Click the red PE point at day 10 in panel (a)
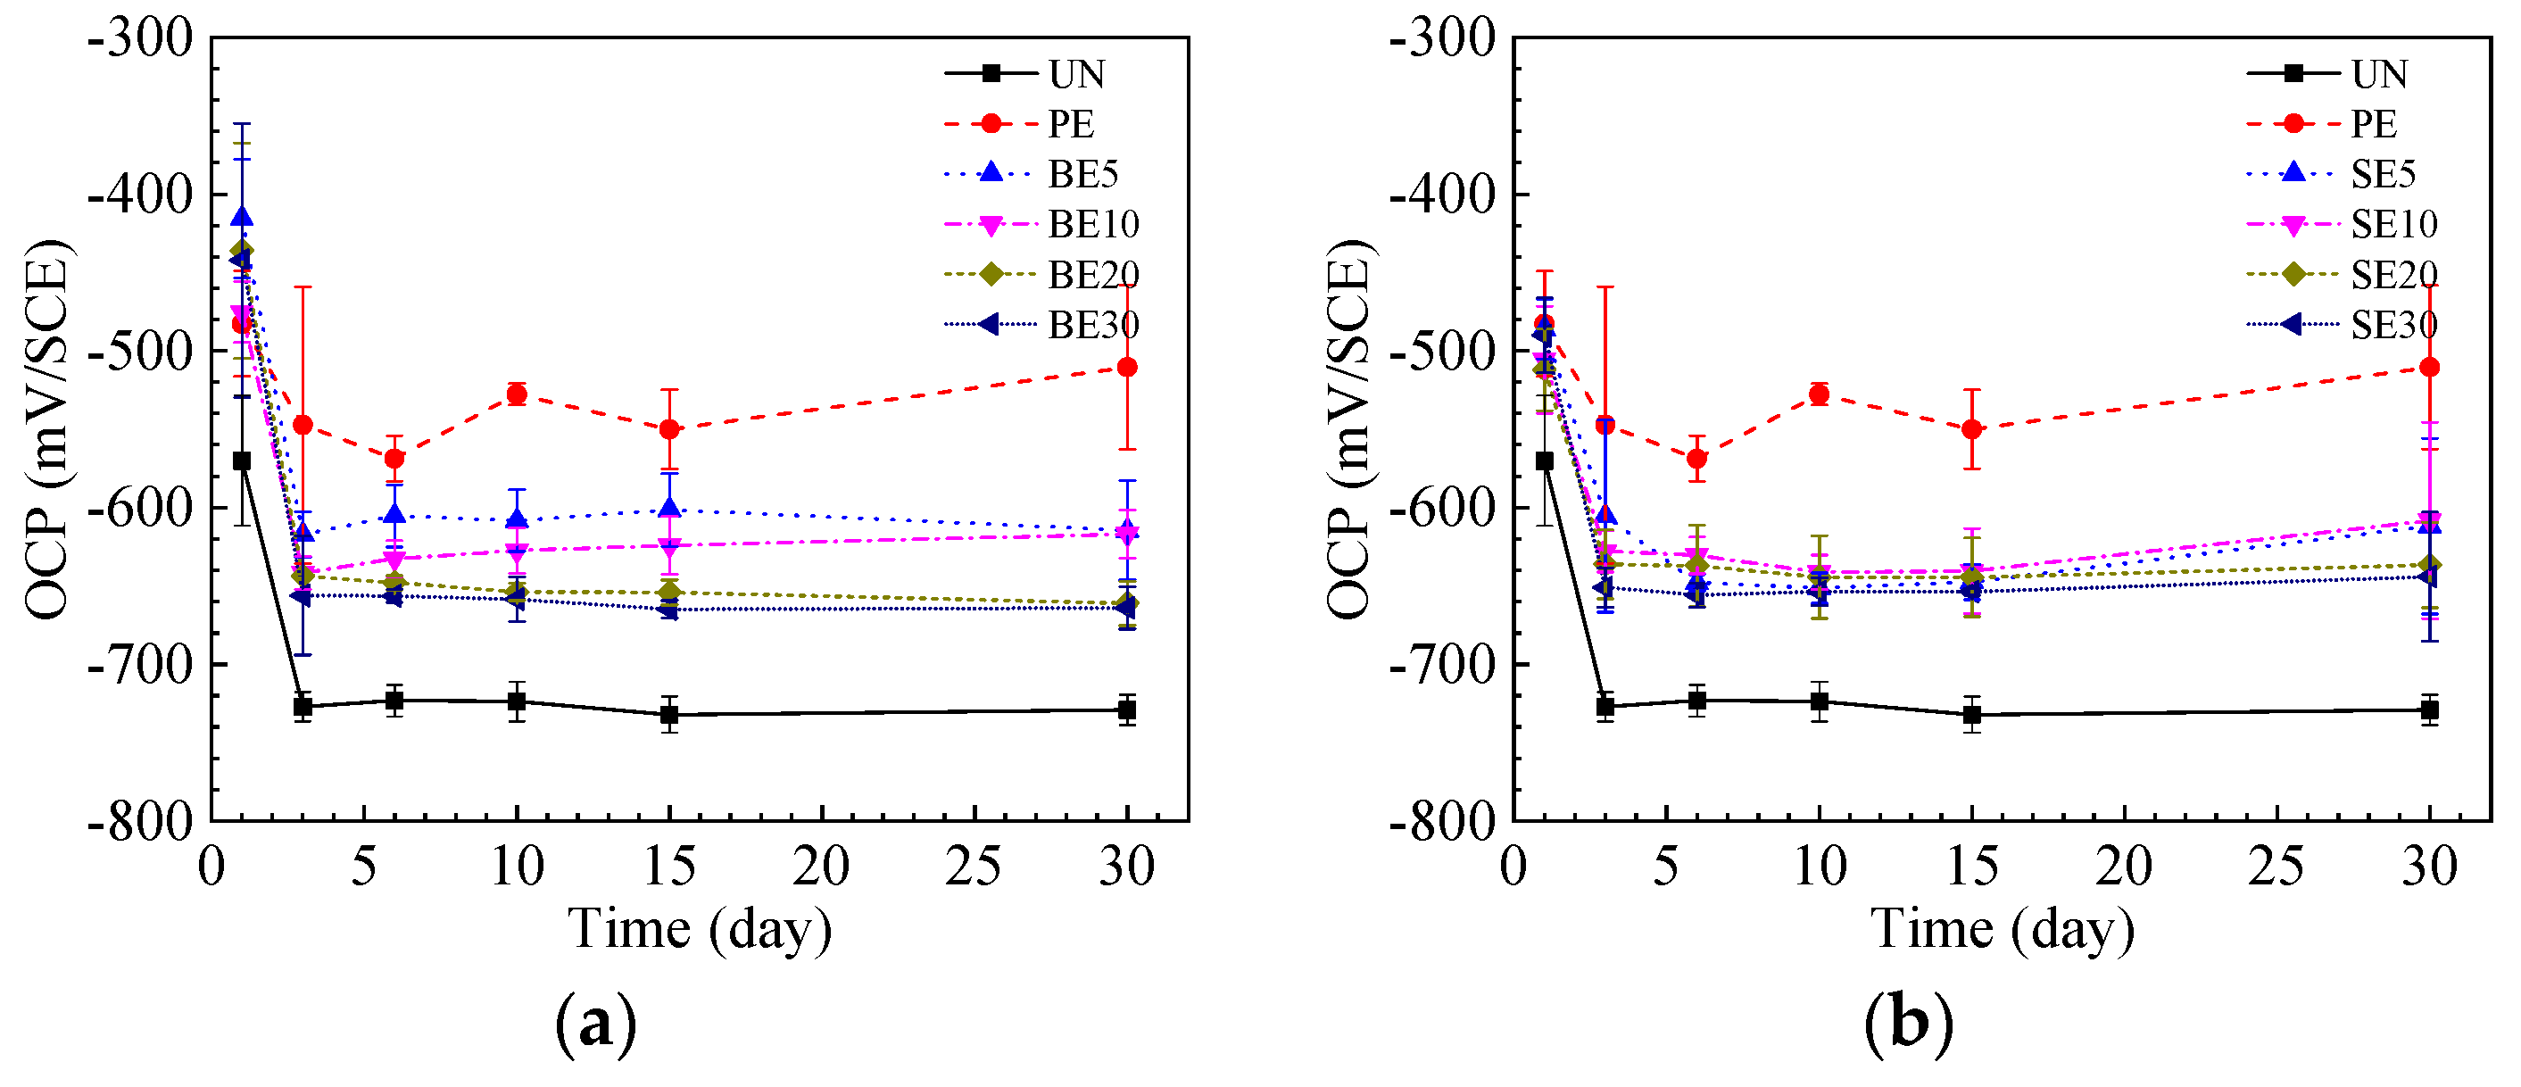pyautogui.click(x=517, y=394)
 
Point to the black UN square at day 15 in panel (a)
pyautogui.click(x=669, y=715)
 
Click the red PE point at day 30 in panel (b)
pyautogui.click(x=2429, y=367)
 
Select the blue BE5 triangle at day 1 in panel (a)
pyautogui.click(x=242, y=217)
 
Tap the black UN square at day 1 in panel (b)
pyautogui.click(x=1545, y=461)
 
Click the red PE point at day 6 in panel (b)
pyautogui.click(x=1697, y=458)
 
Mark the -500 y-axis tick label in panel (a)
pyautogui.click(x=141, y=350)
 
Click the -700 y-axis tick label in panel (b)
pyautogui.click(x=1444, y=664)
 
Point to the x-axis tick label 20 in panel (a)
pyautogui.click(x=821, y=867)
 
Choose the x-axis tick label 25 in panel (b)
pyautogui.click(x=2276, y=867)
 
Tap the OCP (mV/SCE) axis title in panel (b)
pyautogui.click(x=1350, y=428)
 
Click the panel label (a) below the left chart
pyautogui.click(x=595, y=1024)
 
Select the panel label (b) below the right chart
pyautogui.click(x=1908, y=1024)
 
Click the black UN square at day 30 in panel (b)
pyautogui.click(x=2429, y=710)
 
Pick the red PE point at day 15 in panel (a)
pyautogui.click(x=669, y=429)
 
